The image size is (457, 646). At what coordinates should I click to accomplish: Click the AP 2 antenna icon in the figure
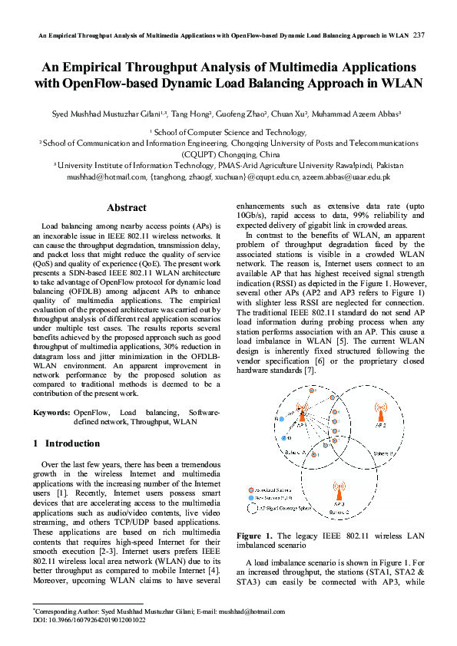pyautogui.click(x=379, y=414)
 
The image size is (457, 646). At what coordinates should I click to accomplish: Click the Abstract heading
pyautogui.click(x=127, y=208)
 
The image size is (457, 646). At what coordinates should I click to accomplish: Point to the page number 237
pyautogui.click(x=419, y=35)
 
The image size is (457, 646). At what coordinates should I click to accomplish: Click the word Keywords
pyautogui.click(x=52, y=413)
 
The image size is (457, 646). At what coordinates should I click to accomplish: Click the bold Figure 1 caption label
pyautogui.click(x=254, y=536)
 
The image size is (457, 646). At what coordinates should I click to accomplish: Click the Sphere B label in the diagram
pyautogui.click(x=385, y=454)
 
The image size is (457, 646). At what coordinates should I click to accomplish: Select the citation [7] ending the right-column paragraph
pyautogui.click(x=310, y=371)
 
